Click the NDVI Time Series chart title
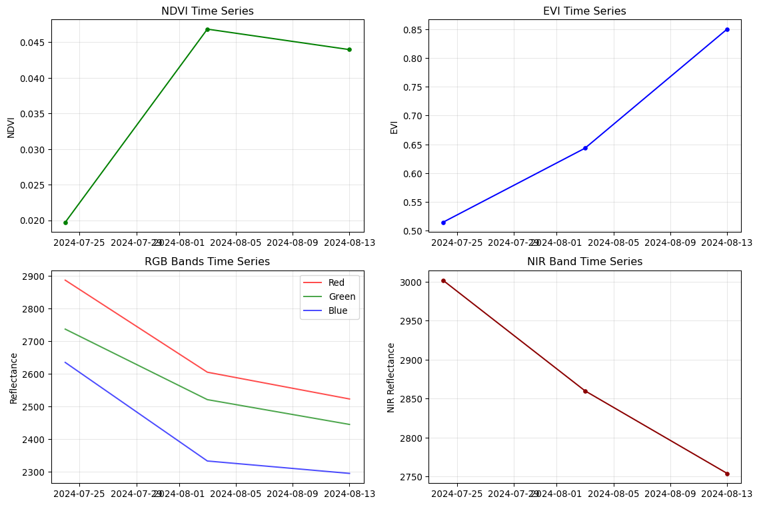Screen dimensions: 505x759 coord(207,11)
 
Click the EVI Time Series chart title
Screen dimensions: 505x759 coord(584,11)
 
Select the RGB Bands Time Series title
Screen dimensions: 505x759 coord(207,262)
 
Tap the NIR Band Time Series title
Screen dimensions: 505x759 coord(584,262)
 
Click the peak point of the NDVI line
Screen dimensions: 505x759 coord(207,29)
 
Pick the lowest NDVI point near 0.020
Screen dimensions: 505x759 coord(65,223)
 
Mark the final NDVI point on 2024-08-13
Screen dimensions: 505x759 coord(349,49)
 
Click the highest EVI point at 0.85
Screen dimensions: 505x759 coord(727,29)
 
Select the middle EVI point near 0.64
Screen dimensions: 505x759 coord(585,148)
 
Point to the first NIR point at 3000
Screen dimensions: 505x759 coord(443,280)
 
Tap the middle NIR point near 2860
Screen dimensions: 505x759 coord(585,391)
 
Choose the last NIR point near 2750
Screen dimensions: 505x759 coord(727,474)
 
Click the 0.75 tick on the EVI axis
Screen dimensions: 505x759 coord(414,87)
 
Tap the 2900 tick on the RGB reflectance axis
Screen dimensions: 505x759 coord(34,276)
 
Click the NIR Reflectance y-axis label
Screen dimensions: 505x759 coord(391,377)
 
